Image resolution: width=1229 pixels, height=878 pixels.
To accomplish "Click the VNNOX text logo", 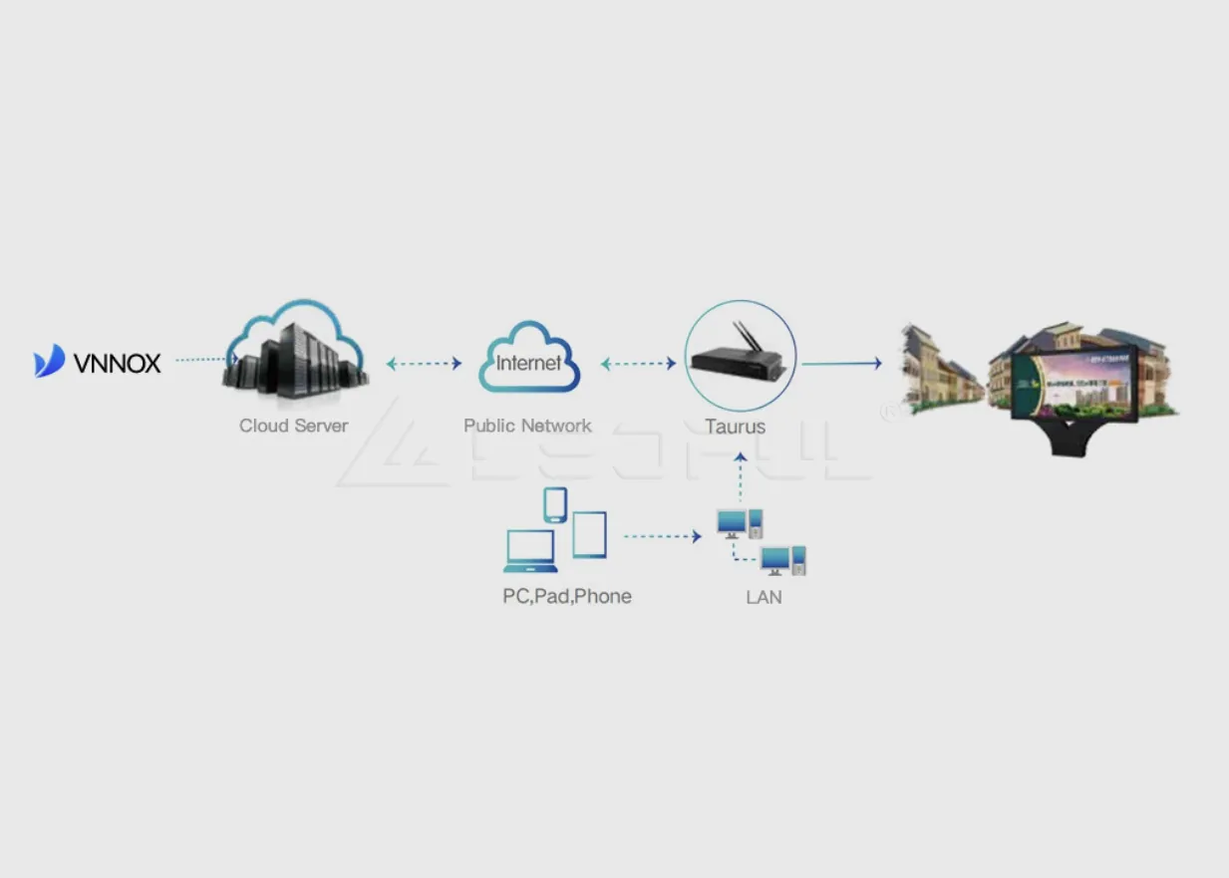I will point(118,364).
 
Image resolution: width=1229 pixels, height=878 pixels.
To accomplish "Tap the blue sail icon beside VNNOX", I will point(50,361).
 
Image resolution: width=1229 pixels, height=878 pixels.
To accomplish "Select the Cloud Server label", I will point(293,426).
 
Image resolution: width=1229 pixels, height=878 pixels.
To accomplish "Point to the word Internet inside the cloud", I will point(528,363).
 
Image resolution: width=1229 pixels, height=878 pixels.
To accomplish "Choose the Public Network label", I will point(527,426).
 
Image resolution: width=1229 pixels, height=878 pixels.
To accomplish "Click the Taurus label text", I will point(736,427).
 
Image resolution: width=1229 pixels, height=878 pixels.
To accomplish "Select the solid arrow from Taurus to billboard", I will point(841,364).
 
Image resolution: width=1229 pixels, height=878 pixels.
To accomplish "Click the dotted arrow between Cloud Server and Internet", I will point(424,364).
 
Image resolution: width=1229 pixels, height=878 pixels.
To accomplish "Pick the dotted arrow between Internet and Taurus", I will point(639,364).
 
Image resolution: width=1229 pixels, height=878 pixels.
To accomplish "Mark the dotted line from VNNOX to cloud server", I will point(203,360).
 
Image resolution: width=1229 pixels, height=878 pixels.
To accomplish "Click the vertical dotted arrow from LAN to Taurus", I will point(740,478).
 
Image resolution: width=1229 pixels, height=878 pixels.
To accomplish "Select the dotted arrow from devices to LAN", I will point(663,536).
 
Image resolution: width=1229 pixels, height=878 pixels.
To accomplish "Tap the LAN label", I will point(764,598).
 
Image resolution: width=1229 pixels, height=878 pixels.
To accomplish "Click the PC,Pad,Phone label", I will point(566,597).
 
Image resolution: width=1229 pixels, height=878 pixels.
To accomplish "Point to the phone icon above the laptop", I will point(555,504).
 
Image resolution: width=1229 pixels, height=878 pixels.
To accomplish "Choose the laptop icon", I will point(529,551).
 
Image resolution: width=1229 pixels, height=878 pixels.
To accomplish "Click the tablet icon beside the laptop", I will point(589,534).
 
